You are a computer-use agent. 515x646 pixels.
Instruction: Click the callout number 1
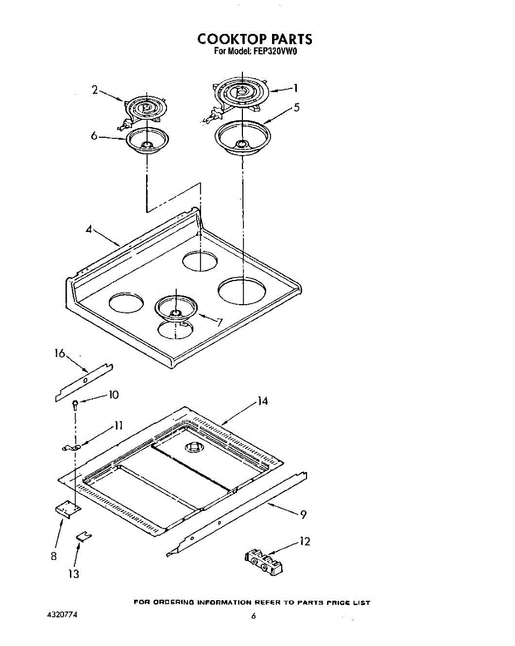(296, 88)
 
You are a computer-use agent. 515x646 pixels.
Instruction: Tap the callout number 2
(95, 90)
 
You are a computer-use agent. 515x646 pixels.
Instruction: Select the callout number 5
(297, 107)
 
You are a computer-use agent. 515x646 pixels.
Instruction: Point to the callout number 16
(60, 353)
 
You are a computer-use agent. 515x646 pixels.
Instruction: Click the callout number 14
(262, 401)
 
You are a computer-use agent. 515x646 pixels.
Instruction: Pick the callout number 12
(304, 542)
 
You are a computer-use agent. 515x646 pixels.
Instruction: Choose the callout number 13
(74, 574)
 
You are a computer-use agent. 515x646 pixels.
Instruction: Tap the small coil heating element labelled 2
(144, 111)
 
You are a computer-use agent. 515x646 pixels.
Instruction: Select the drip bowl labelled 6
(147, 141)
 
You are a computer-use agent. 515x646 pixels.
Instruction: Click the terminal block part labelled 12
(264, 561)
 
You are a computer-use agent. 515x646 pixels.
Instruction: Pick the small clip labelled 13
(84, 536)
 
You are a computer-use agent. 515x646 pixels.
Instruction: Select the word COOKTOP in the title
(232, 39)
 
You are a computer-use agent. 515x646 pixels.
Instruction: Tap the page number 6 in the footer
(254, 616)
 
